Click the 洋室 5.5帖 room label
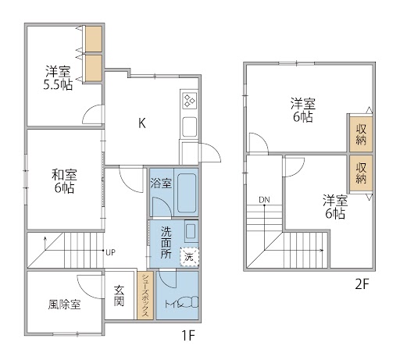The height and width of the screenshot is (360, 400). point(58,78)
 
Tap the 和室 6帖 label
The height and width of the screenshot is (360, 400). point(64,181)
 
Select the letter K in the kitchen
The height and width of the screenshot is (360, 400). point(142,123)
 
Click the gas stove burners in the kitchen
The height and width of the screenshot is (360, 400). point(190,101)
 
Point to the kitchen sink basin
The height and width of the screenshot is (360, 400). point(190,127)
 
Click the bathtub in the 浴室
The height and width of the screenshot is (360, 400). point(187,193)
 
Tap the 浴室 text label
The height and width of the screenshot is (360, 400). point(161,183)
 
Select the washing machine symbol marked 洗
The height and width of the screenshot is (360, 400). point(189,257)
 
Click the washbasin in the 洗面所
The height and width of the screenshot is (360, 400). point(191,231)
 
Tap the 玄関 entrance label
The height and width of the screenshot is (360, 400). point(119,296)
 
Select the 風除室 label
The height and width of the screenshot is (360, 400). point(64,304)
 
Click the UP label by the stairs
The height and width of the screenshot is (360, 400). point(110,252)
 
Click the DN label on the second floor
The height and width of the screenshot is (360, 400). point(264,200)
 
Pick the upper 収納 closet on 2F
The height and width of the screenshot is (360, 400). point(361,134)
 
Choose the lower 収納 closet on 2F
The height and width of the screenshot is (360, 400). point(361,173)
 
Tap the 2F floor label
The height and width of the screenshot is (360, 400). point(362,284)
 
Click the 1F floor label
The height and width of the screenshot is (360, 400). point(188,335)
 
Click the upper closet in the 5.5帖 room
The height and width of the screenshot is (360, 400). point(94,39)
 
